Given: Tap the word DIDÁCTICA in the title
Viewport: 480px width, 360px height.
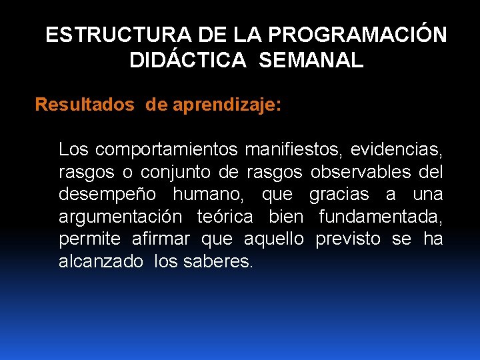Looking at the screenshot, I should point(188,61).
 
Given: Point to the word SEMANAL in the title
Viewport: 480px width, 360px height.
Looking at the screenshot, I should point(311,61).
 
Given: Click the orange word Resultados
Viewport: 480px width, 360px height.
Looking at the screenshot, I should point(84,105).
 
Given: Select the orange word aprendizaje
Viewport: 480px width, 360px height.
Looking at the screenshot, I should point(226,105).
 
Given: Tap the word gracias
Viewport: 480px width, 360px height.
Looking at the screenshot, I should point(339,194).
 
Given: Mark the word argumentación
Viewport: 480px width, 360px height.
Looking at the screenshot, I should point(119,217).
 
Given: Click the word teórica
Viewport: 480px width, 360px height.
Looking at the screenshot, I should point(225,217).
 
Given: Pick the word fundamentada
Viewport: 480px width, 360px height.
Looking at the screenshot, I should point(381,217).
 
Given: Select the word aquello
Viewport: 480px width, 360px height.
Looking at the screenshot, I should point(274,239).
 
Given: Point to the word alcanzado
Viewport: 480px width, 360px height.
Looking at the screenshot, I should point(101,261).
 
